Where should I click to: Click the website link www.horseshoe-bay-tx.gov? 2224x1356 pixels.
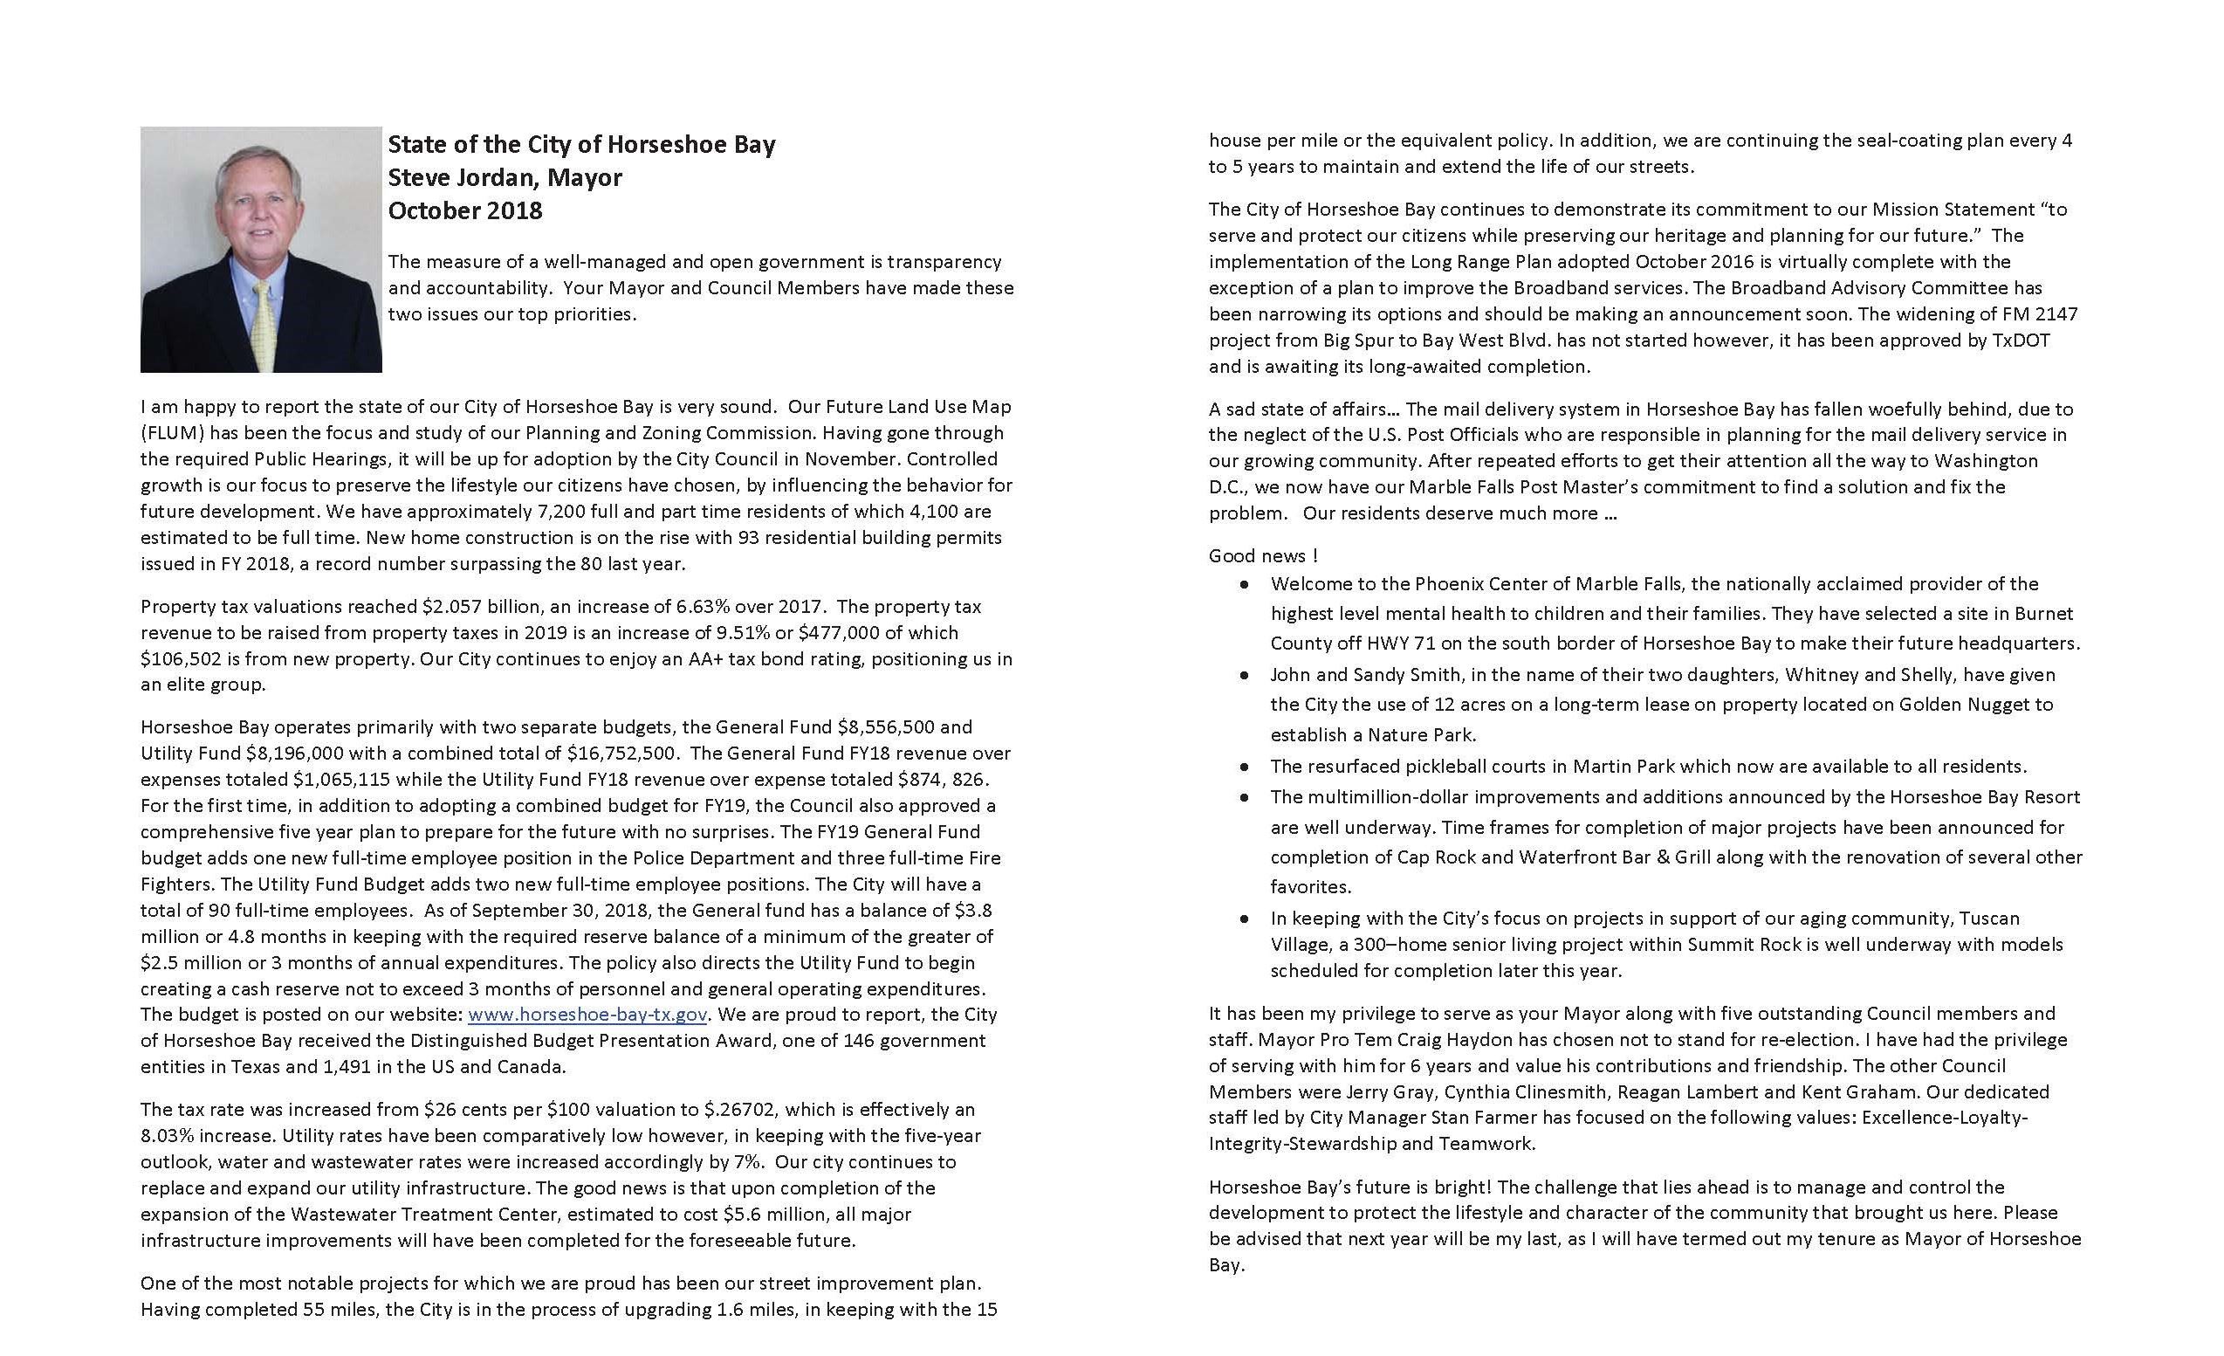click(x=587, y=1014)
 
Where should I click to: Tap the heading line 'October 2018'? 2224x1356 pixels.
click(x=465, y=210)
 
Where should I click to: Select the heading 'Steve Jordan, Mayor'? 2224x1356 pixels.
click(x=505, y=177)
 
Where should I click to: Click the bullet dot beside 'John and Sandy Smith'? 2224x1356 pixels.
click(x=1246, y=675)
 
